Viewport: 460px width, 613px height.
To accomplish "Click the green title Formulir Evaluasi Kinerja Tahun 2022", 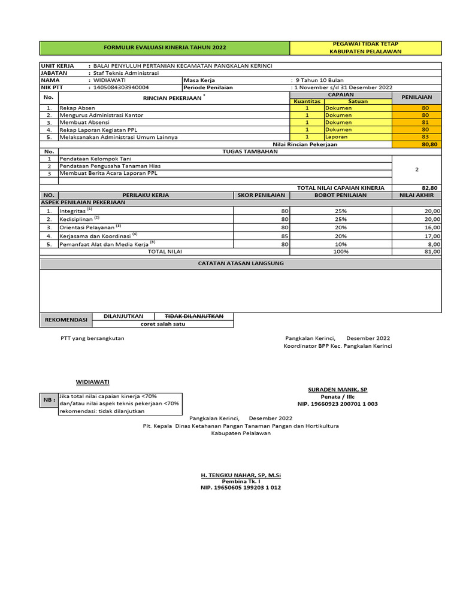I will coord(165,47).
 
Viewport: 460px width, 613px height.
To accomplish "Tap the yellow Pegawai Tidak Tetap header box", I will coord(365,47).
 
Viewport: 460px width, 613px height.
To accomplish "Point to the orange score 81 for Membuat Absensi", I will coord(425,122).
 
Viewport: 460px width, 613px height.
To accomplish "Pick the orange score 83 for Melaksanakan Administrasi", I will coord(425,136).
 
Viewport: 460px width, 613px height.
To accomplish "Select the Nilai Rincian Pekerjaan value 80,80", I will coord(429,144).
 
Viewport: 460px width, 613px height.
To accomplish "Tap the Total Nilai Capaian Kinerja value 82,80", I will coord(429,188).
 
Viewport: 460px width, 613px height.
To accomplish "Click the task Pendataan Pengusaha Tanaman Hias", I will coord(110,166).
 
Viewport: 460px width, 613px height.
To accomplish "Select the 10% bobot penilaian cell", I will coord(341,244).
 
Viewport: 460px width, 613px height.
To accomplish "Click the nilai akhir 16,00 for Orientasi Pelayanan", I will coord(431,227).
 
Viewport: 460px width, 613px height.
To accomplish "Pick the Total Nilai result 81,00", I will coord(431,252).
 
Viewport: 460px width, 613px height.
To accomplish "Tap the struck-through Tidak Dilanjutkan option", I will coord(194,316).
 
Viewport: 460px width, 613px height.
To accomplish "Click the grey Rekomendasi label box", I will coord(66,320).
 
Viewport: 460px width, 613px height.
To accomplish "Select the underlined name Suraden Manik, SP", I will coord(337,389).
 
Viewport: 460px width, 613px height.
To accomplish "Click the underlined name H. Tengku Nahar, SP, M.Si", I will coord(241,475).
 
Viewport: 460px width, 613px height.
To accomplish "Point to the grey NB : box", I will coord(47,400).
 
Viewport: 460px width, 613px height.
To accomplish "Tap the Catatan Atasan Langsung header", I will coord(241,263).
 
